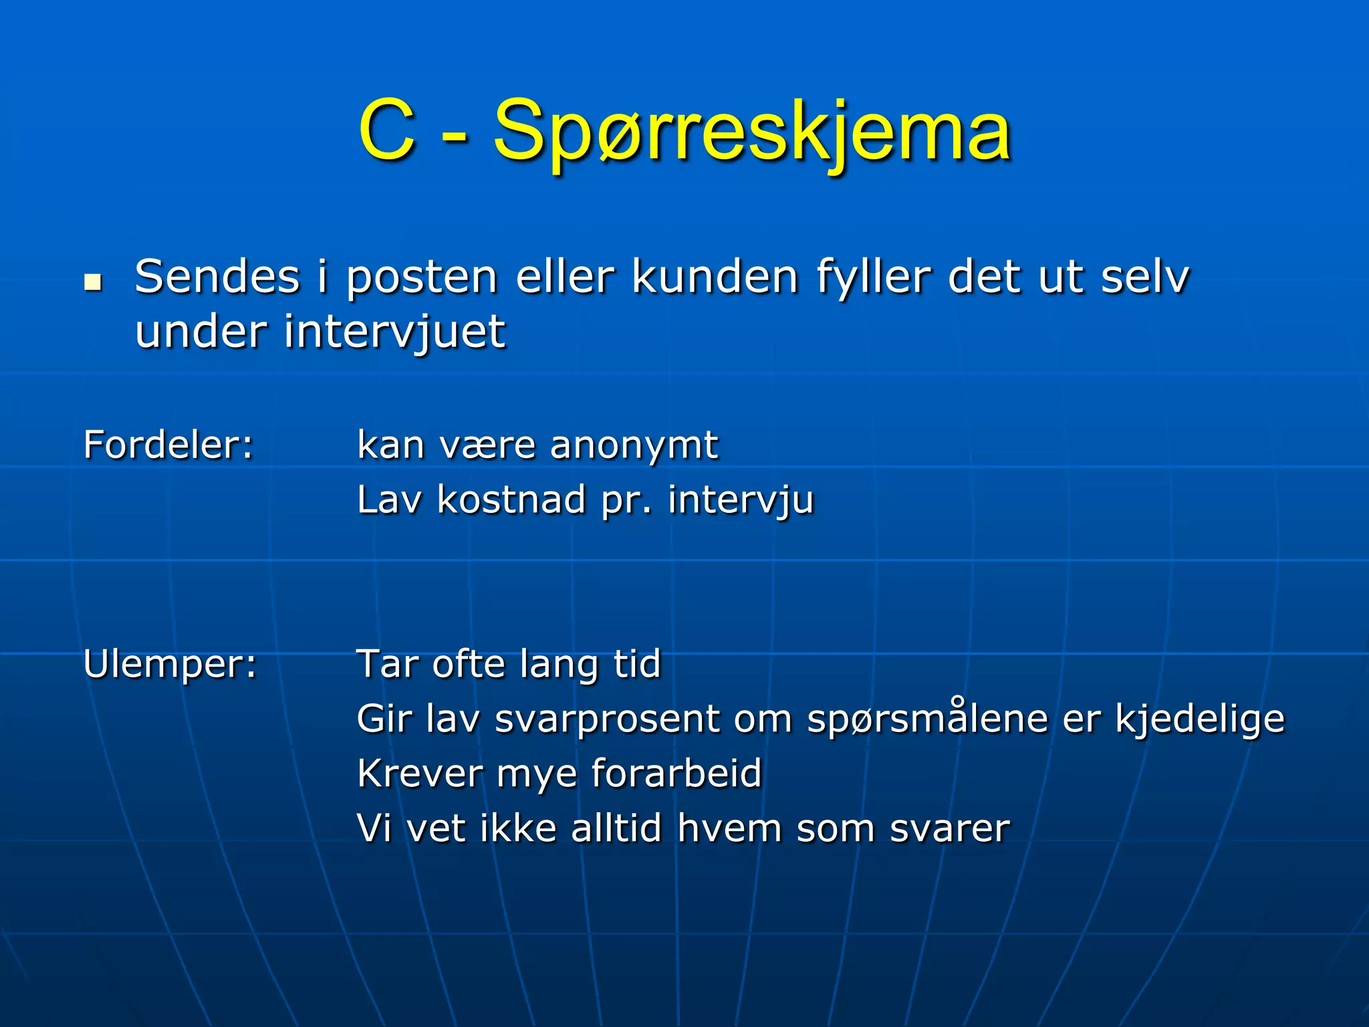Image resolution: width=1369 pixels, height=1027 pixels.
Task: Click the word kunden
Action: tap(715, 277)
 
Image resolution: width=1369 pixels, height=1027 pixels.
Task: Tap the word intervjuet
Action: tap(394, 332)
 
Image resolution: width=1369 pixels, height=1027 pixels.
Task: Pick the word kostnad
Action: tap(511, 499)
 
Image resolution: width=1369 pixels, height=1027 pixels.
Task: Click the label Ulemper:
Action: tap(170, 665)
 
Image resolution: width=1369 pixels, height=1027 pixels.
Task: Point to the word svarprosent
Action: tap(607, 720)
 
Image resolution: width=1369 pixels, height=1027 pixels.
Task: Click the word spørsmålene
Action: tap(926, 720)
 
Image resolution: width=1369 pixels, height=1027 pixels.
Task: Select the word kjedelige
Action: tap(1200, 720)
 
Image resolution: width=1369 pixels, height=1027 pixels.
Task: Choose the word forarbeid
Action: tap(676, 774)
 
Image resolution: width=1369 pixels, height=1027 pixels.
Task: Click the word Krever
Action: tap(419, 774)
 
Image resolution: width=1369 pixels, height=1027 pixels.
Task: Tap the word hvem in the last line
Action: tap(729, 828)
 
